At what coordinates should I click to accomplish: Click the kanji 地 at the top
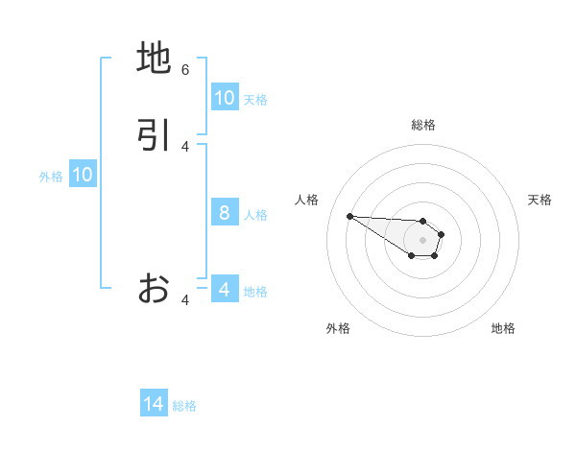pos(154,59)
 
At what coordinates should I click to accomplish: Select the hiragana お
pos(154,287)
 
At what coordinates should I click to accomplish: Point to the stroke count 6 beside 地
pos(185,69)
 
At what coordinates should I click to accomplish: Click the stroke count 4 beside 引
pos(185,146)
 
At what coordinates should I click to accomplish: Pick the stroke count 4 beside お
pos(185,300)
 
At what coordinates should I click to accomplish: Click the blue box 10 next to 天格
pos(225,98)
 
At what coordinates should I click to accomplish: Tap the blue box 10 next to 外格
pos(83,175)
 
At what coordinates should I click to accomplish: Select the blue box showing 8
pos(225,213)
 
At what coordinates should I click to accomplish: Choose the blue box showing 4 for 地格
pos(225,290)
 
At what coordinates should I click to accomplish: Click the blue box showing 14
pos(154,405)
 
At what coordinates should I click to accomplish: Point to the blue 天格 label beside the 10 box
pos(255,100)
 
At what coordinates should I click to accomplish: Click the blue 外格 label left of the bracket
pos(51,177)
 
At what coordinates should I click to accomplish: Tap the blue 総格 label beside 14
pos(184,406)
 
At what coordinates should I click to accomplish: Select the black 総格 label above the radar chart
pos(422,125)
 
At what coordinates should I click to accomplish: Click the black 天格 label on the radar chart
pos(540,200)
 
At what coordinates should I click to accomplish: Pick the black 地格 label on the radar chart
pos(503,328)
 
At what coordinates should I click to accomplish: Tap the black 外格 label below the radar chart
pos(338,328)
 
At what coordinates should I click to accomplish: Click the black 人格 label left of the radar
pos(307,200)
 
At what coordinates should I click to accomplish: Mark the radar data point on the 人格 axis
pos(349,216)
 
